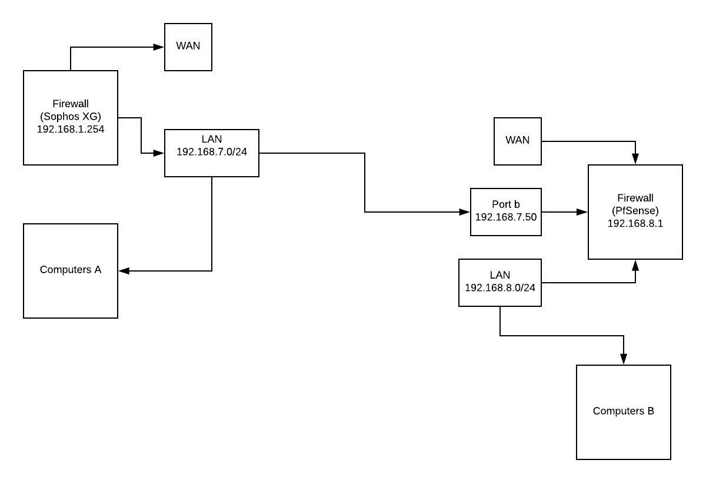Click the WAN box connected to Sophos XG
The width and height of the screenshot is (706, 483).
(188, 47)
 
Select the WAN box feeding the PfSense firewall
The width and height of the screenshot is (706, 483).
(518, 141)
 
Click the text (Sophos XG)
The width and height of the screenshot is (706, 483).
(71, 117)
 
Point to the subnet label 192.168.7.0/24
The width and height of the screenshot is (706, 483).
(212, 152)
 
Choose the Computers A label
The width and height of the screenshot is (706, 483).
(71, 270)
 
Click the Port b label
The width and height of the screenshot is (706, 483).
(506, 204)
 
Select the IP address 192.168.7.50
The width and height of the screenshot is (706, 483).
(506, 217)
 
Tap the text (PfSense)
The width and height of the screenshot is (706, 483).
(635, 211)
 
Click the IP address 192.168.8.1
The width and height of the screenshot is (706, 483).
(635, 224)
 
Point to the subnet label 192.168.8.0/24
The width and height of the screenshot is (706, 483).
(500, 287)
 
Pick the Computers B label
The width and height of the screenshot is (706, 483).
(624, 411)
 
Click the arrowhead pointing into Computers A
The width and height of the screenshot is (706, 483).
(124, 271)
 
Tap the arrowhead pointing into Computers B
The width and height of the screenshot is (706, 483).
(624, 359)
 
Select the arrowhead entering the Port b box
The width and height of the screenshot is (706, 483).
(465, 212)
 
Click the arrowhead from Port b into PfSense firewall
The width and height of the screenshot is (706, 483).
(582, 212)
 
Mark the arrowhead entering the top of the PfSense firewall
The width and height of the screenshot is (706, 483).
(635, 159)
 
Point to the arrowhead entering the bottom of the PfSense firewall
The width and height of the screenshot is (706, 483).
(635, 265)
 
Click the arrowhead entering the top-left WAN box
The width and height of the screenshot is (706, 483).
(159, 47)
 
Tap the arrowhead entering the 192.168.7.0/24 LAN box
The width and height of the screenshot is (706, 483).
(159, 153)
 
